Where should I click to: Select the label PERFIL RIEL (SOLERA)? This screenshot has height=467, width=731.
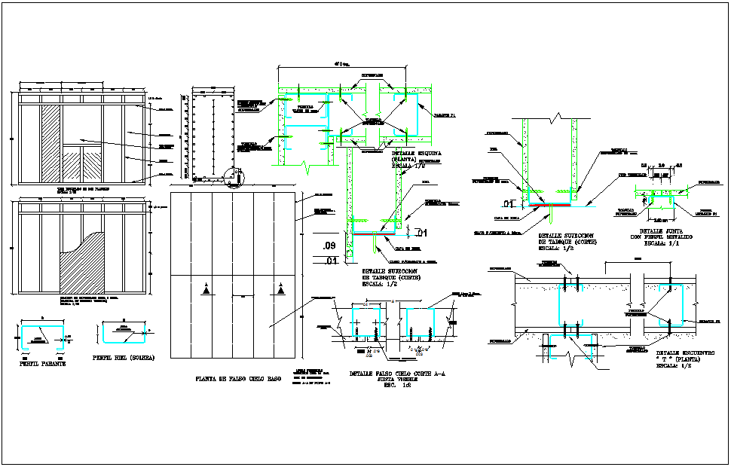[x=124, y=358]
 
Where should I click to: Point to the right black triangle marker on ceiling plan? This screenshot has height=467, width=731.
[x=281, y=289]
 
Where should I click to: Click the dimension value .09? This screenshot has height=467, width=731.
[x=328, y=246]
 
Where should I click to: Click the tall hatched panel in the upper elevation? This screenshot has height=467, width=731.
[x=50, y=143]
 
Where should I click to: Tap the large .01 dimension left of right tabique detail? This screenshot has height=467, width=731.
[x=509, y=203]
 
